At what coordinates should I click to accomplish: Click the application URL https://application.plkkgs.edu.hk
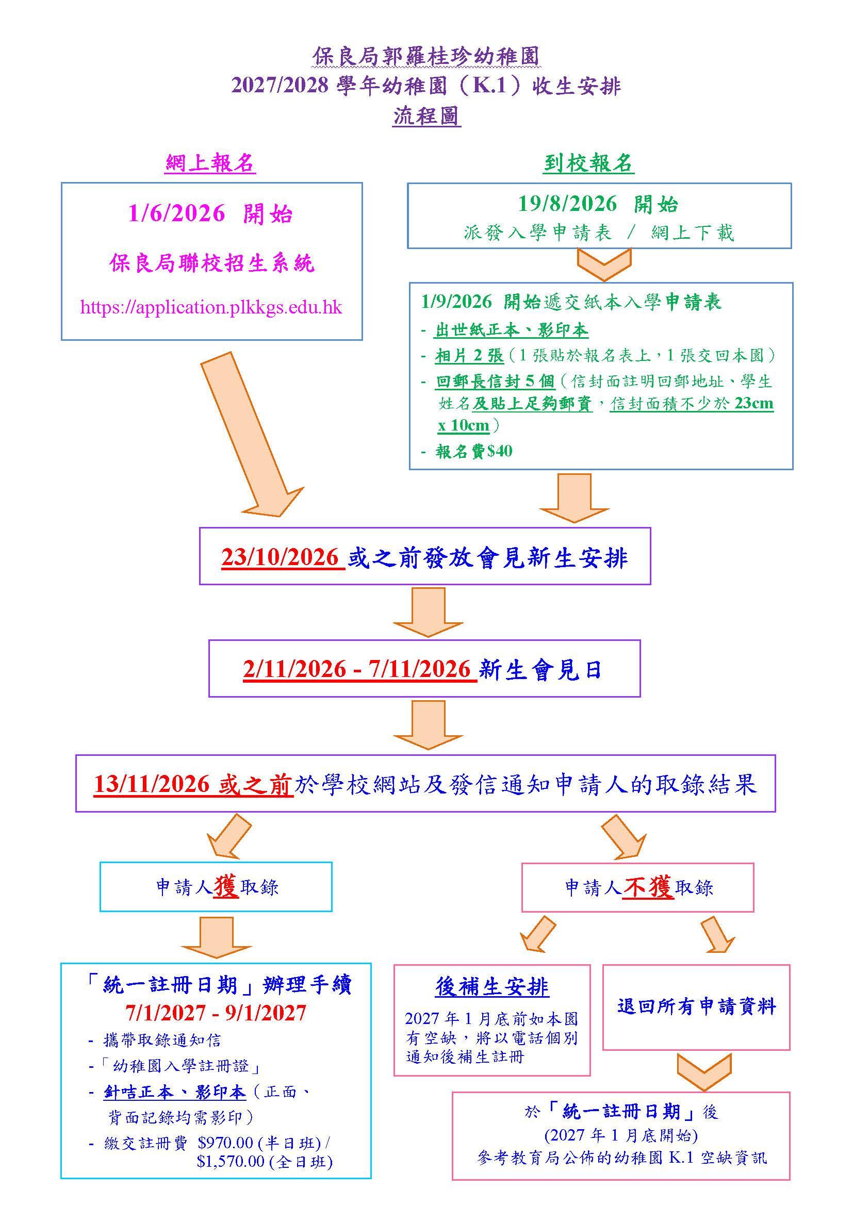click(210, 307)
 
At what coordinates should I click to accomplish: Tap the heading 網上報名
click(210, 163)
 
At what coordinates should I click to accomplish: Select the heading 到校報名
click(589, 164)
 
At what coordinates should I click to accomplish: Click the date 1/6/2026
click(176, 214)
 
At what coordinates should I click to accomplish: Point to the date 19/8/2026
click(567, 204)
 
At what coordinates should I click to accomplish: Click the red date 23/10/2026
click(281, 557)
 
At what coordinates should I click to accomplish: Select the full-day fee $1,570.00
click(231, 1160)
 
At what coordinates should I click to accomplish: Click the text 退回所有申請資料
click(696, 1006)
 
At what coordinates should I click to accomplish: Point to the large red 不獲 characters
click(648, 887)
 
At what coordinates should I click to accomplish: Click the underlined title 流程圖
click(426, 116)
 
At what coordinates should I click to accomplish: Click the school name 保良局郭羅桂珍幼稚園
click(426, 57)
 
